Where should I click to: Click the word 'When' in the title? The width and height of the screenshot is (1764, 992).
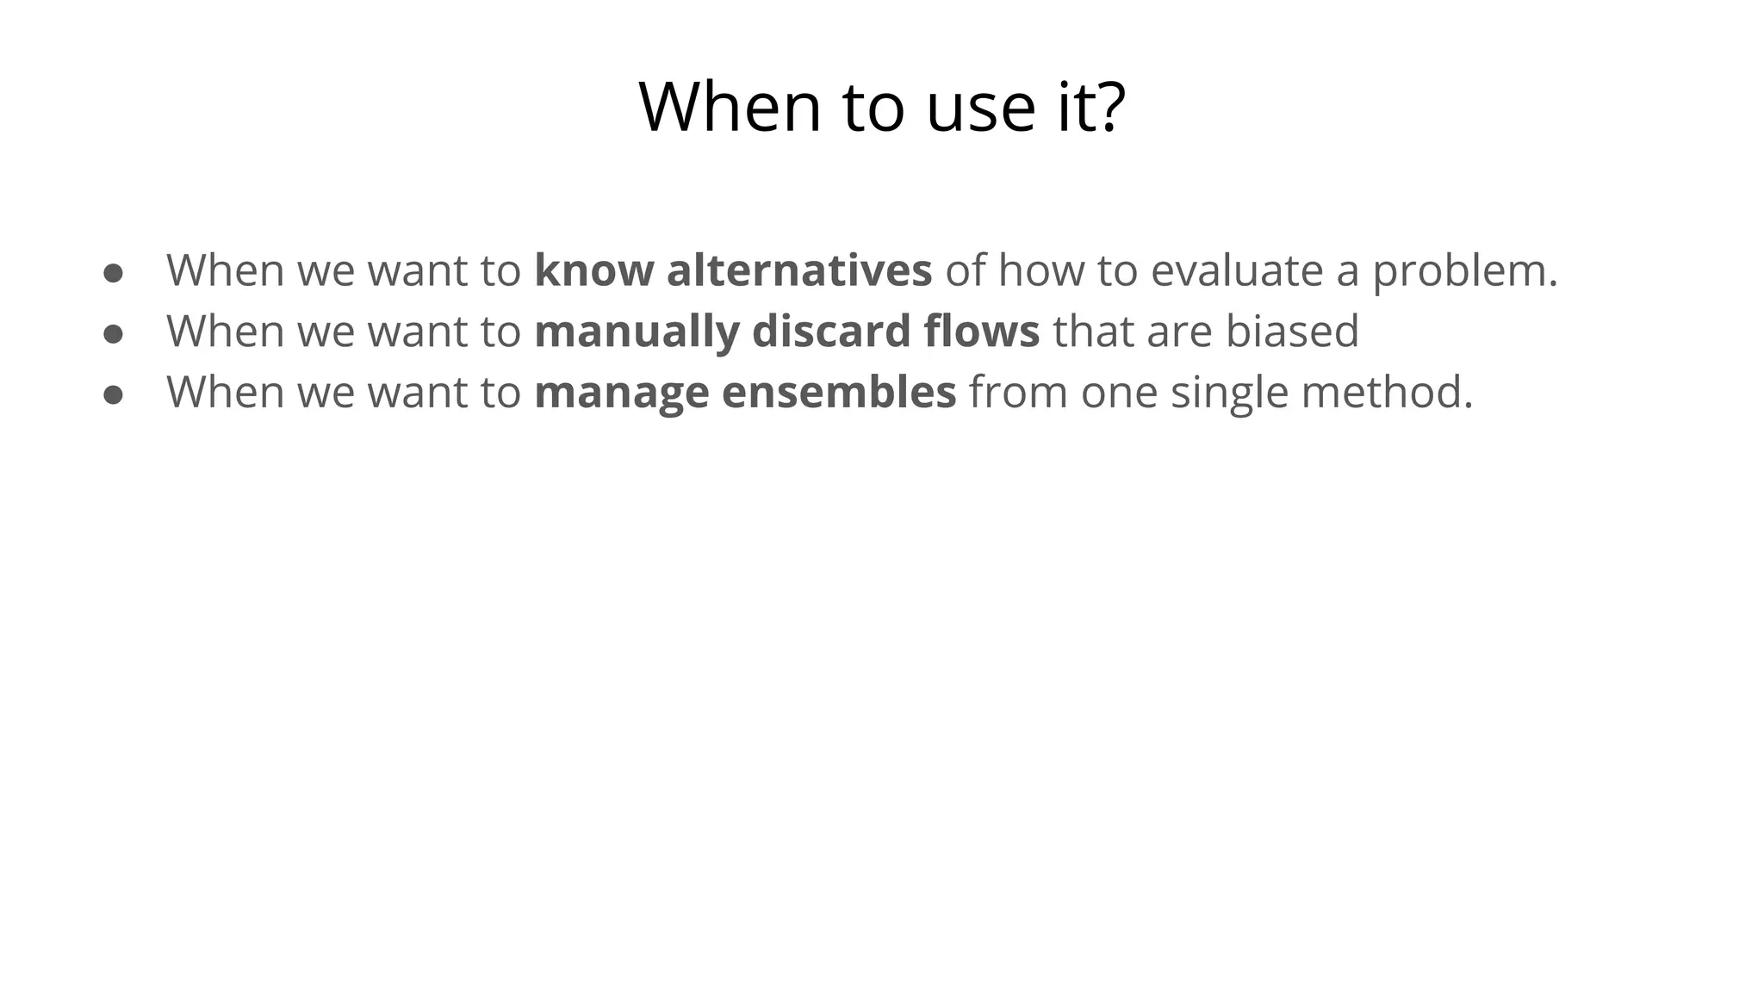(x=730, y=107)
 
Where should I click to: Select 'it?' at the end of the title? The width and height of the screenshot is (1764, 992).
(x=1091, y=107)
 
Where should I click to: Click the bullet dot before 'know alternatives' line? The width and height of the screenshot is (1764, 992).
(x=113, y=273)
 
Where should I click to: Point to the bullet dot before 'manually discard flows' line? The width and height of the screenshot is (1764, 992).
(x=113, y=334)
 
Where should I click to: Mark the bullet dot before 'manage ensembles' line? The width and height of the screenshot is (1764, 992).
(x=113, y=394)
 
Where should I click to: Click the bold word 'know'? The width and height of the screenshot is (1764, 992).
(x=593, y=270)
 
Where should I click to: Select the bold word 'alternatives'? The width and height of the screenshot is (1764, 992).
(x=799, y=270)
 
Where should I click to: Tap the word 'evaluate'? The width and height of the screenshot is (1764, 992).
(x=1236, y=270)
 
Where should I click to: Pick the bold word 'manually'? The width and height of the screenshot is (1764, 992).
(x=637, y=332)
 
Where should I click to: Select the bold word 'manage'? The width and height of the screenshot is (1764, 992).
(x=621, y=394)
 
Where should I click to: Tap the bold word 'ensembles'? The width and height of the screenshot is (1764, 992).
(x=839, y=392)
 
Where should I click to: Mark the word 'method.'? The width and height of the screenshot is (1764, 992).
(x=1387, y=392)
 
